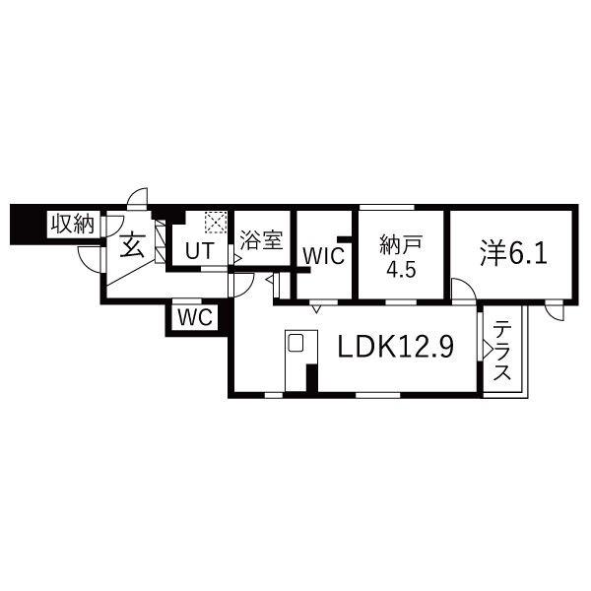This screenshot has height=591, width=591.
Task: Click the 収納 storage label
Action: pos(73,224)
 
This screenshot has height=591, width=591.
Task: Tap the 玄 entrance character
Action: pos(132,244)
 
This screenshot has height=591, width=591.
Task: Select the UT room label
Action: pos(200,251)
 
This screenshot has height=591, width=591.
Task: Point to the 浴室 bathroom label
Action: pos(261,240)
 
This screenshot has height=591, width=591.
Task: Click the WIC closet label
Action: pos(324,256)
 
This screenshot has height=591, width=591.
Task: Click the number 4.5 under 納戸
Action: pos(402,270)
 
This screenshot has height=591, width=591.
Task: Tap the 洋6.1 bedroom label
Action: pos(513,254)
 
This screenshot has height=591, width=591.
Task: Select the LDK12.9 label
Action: pos(396,347)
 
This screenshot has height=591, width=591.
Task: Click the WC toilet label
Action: pos(195,317)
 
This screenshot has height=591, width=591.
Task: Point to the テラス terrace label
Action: pos(502,350)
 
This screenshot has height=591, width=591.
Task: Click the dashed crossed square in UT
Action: pos(216,223)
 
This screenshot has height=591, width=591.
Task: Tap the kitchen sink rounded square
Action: pos(295,343)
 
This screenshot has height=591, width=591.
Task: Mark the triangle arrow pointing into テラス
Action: pos(488,350)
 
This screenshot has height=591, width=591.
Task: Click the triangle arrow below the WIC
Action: pos(316,309)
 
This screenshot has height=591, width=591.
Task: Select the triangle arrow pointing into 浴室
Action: pos(237,258)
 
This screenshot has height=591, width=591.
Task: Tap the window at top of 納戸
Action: pos(387,207)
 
